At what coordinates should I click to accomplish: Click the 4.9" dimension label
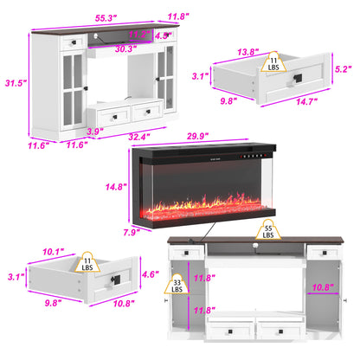[x=161, y=36]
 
